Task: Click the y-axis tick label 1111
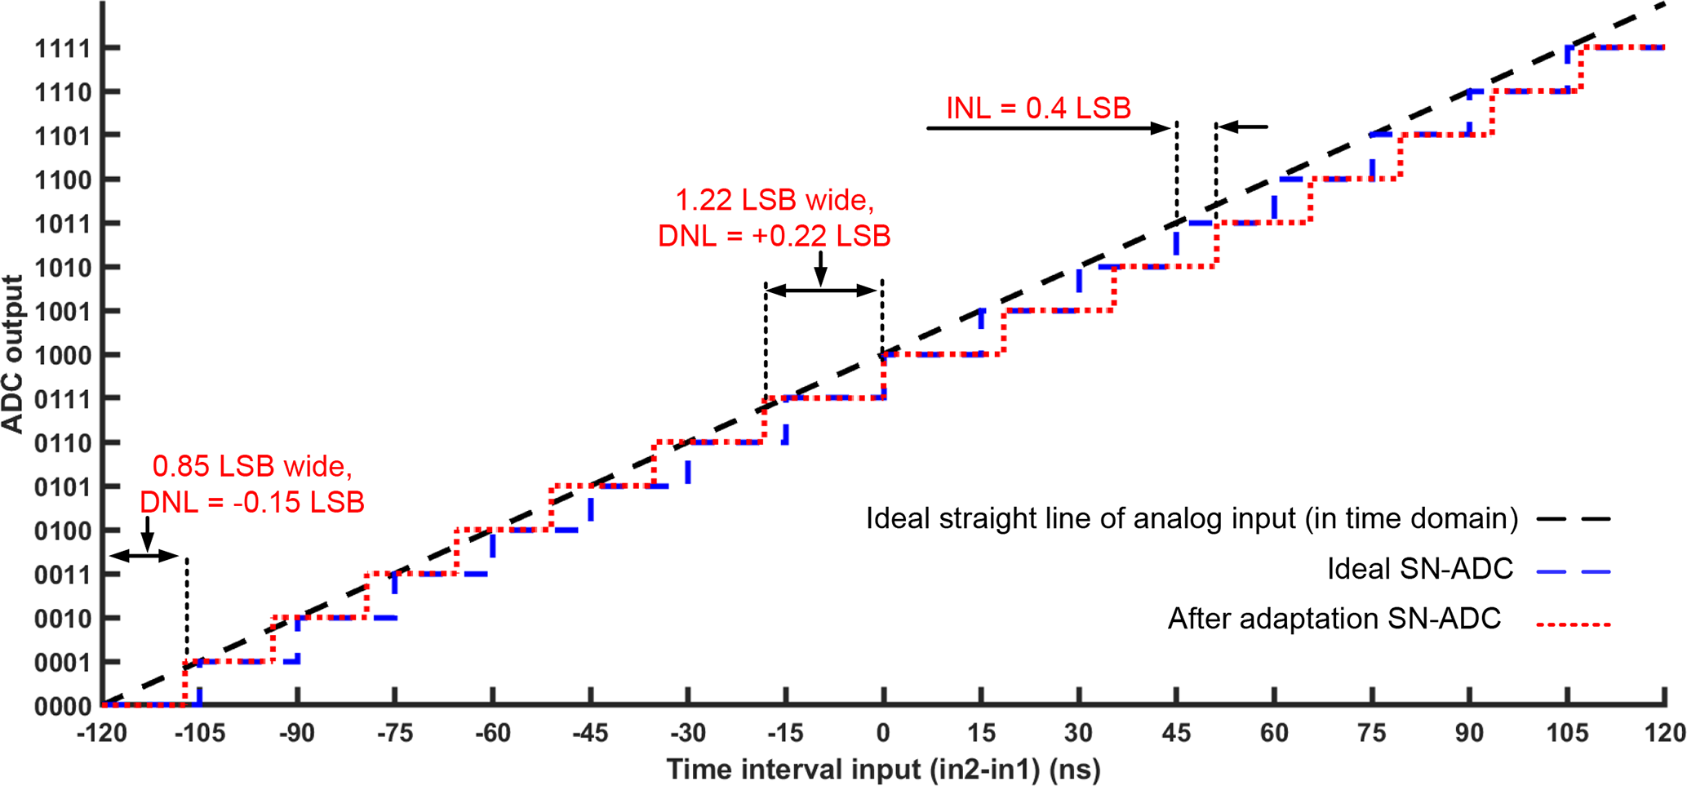62,49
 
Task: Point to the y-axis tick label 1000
62,355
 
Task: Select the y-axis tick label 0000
62,707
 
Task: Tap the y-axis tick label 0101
62,487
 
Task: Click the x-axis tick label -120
101,733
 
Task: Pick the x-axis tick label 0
883,733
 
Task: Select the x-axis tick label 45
1176,733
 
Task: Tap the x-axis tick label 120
1664,733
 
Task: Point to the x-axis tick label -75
394,733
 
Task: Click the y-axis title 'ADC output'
13,353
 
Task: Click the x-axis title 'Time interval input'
883,769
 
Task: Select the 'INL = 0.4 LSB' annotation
1038,108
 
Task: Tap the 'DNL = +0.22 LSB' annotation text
774,236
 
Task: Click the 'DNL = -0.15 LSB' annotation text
252,502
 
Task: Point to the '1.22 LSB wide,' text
774,200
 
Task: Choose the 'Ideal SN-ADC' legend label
1420,569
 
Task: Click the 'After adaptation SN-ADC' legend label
1334,619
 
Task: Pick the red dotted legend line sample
1573,624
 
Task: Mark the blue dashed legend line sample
1573,572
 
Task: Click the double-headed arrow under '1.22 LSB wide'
824,291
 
